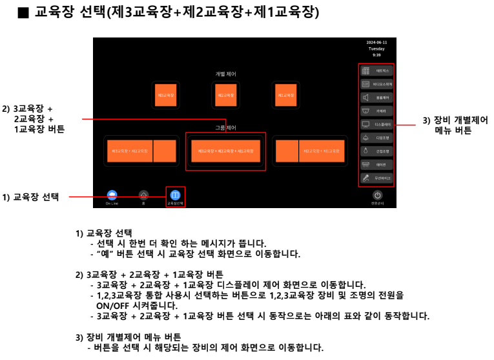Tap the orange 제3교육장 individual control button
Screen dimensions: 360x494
[x=165, y=95]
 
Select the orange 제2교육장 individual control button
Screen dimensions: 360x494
[x=225, y=95]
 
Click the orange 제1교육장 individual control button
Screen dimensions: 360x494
[x=285, y=95]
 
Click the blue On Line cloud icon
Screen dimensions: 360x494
[x=112, y=195]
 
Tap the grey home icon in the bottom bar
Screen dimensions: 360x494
[x=143, y=195]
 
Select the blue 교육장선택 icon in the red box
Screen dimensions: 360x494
[x=174, y=195]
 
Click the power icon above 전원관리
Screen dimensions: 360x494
[x=378, y=195]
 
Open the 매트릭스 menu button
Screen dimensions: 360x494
[x=376, y=70]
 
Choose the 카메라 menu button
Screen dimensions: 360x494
[x=376, y=111]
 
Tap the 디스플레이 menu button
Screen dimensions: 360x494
[x=376, y=124]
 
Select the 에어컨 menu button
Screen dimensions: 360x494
[x=376, y=164]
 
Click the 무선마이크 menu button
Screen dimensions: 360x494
[x=376, y=178]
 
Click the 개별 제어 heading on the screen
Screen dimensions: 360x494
[x=225, y=74]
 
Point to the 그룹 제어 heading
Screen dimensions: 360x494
[x=225, y=128]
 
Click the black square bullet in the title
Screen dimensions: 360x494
[x=23, y=14]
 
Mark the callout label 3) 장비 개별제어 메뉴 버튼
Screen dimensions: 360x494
[x=455, y=125]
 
